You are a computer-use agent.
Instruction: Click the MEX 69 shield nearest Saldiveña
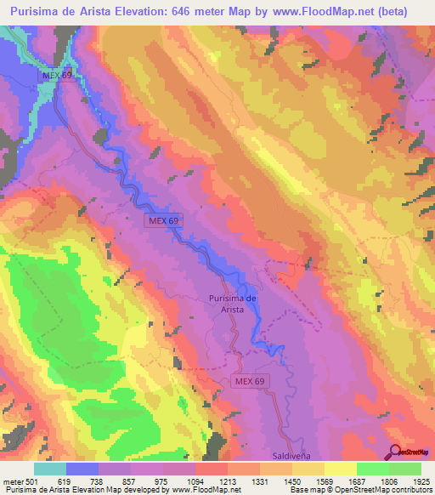(251, 382)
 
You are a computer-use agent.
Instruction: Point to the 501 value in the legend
(29, 481)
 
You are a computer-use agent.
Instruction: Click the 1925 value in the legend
(420, 481)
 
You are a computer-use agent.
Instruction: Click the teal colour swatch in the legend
(49, 469)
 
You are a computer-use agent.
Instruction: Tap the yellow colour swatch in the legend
(340, 469)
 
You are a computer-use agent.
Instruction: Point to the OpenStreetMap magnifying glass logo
(396, 452)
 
